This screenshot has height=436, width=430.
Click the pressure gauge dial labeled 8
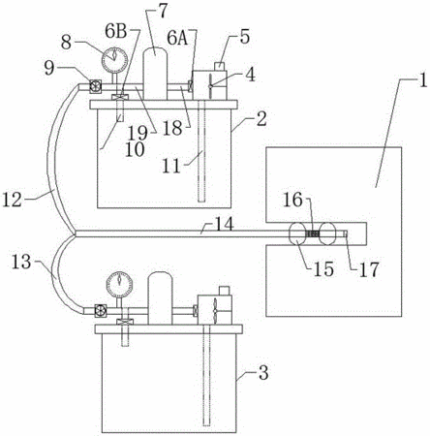[x=114, y=60]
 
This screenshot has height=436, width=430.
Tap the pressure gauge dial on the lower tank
[x=119, y=285]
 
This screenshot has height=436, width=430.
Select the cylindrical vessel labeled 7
[x=155, y=74]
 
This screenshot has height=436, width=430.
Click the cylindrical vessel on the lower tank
[x=160, y=298]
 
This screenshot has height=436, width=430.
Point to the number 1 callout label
[x=423, y=80]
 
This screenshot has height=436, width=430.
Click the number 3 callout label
[x=263, y=373]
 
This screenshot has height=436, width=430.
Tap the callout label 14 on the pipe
[x=224, y=224]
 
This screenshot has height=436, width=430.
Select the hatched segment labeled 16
[x=312, y=234]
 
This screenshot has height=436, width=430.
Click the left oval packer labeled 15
[x=297, y=234]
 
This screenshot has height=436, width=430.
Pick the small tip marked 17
[x=345, y=234]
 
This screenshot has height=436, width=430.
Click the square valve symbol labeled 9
[x=95, y=86]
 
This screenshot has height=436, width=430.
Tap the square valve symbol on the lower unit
[x=101, y=310]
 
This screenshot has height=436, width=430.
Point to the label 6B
[x=115, y=32]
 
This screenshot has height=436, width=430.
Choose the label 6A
[x=177, y=39]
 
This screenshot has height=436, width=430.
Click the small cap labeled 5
[x=220, y=66]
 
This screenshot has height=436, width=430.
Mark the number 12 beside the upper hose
[x=13, y=200]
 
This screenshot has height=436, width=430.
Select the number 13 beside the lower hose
[x=21, y=262]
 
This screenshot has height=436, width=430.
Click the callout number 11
[x=171, y=167]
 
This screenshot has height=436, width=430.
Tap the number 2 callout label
[x=261, y=119]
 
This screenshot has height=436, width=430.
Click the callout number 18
[x=173, y=128]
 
